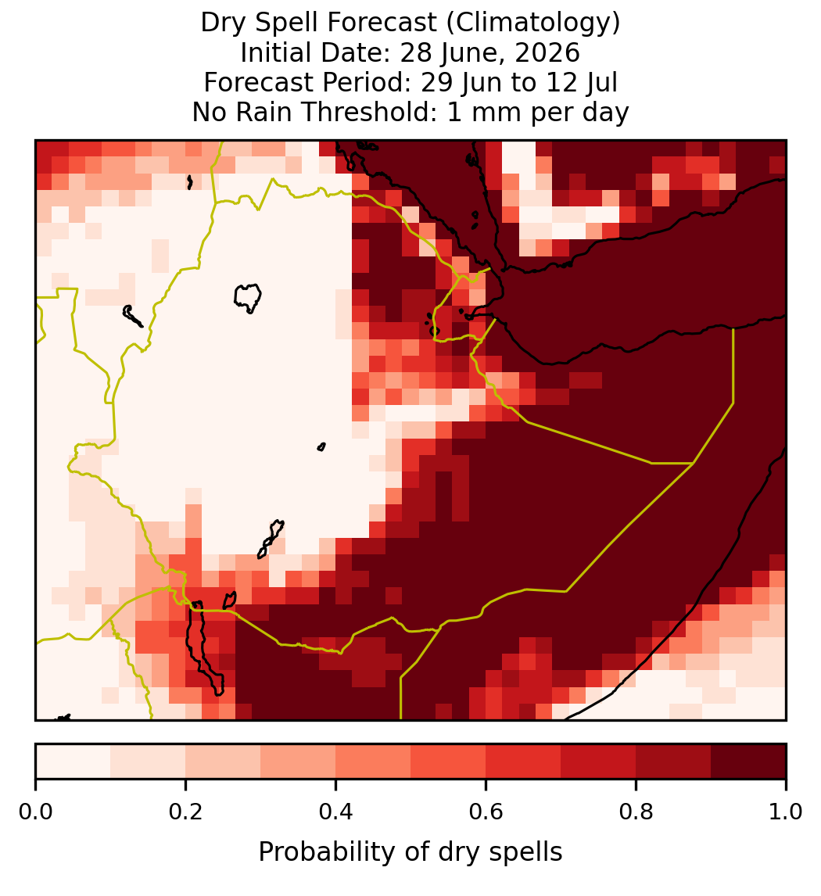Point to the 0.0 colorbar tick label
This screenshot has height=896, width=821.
35,812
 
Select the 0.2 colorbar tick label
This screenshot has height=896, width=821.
185,812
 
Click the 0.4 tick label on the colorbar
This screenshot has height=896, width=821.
336,812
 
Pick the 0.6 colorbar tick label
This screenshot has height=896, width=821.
486,812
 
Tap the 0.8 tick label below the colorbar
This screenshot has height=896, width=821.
636,812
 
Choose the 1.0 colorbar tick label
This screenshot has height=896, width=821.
786,812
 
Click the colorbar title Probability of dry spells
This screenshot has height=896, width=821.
410,852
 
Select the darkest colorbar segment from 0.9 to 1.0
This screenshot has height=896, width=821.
749,762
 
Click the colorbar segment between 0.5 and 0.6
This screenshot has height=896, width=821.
449,762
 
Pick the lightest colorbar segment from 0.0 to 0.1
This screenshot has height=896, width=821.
73,762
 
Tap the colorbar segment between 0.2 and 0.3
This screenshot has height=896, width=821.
224,762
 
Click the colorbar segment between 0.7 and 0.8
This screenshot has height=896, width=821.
599,762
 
